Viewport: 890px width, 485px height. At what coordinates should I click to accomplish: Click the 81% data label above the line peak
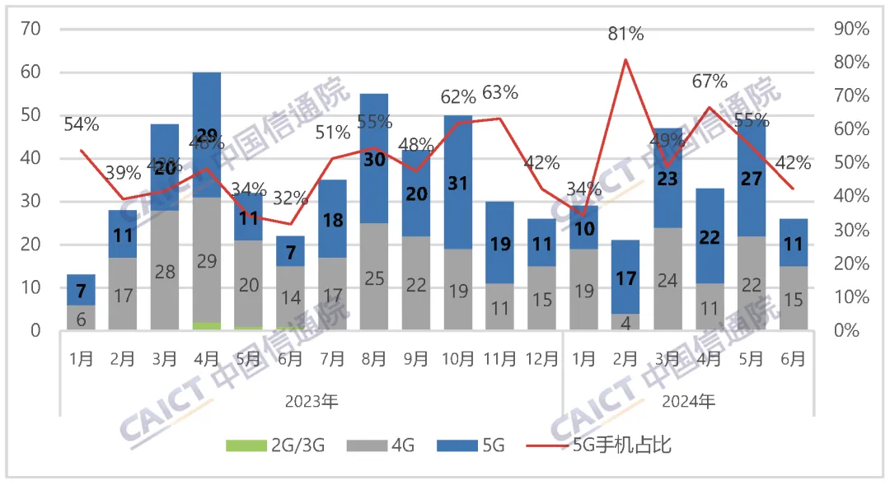pyautogui.click(x=625, y=34)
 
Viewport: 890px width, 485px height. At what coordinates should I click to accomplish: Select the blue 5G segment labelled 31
pyautogui.click(x=458, y=182)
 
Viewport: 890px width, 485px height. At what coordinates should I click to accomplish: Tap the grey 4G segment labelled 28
pyautogui.click(x=165, y=271)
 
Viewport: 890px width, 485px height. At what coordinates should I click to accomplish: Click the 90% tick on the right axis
pyautogui.click(x=851, y=30)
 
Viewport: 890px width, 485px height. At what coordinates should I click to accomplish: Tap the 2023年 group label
pyautogui.click(x=311, y=402)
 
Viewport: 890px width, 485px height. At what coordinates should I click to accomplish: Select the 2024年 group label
pyautogui.click(x=689, y=402)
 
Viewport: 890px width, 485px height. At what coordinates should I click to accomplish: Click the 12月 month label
pyautogui.click(x=541, y=359)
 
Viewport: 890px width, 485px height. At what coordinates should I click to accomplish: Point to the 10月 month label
pyautogui.click(x=458, y=359)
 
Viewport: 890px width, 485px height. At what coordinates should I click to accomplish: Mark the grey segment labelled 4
pyautogui.click(x=625, y=322)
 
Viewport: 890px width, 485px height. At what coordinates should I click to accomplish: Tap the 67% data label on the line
pyautogui.click(x=710, y=81)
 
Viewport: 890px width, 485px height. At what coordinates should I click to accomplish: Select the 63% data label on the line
pyautogui.click(x=500, y=92)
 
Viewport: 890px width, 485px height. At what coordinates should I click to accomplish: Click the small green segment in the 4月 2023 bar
pyautogui.click(x=207, y=326)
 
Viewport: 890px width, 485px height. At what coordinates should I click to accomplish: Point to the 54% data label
pyautogui.click(x=81, y=125)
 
